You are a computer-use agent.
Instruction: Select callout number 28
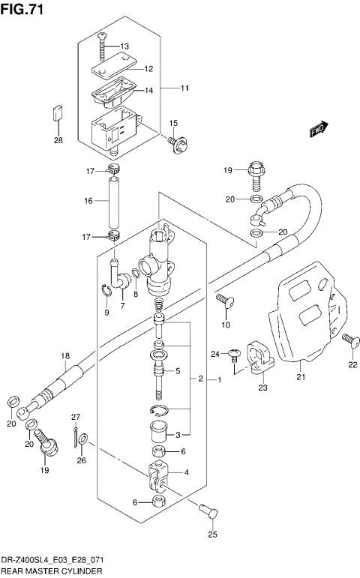pyautogui.click(x=58, y=139)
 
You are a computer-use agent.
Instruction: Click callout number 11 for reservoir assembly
pyautogui.click(x=184, y=88)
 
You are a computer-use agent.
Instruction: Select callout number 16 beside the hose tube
pyautogui.click(x=88, y=201)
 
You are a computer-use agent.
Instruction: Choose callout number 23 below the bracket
pyautogui.click(x=262, y=388)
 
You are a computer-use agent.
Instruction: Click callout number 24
pyautogui.click(x=214, y=353)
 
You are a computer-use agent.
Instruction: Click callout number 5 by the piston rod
pyautogui.click(x=177, y=370)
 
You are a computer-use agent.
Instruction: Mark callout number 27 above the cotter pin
pyautogui.click(x=75, y=417)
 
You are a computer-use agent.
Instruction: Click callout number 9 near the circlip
pyautogui.click(x=107, y=312)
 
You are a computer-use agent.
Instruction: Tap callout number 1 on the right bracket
pyautogui.click(x=220, y=380)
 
